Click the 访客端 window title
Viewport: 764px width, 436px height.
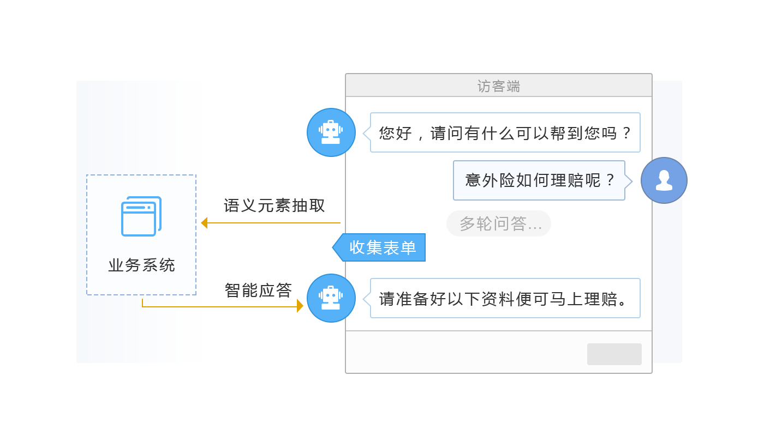(499, 86)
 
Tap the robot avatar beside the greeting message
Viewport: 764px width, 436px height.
(331, 132)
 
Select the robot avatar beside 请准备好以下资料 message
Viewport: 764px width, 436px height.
(331, 298)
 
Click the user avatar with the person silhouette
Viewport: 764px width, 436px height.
(664, 180)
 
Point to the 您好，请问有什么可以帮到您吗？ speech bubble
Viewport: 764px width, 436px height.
(505, 132)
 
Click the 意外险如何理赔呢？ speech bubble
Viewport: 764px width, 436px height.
(539, 180)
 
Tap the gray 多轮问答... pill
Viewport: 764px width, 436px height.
(499, 223)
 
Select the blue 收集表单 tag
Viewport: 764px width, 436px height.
(382, 247)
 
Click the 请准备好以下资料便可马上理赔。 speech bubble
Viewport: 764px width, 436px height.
(505, 299)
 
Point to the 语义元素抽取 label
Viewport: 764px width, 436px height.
(274, 206)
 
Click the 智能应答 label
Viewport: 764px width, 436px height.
(258, 290)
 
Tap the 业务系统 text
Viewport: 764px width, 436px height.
(141, 265)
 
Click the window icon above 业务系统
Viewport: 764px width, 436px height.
(141, 216)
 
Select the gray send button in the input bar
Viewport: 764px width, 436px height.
(614, 354)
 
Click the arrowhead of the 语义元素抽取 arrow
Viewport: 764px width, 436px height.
(205, 222)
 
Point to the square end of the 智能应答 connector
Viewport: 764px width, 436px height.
(300, 306)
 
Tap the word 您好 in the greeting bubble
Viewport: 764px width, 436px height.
(396, 133)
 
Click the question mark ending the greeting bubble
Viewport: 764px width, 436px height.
(627, 133)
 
